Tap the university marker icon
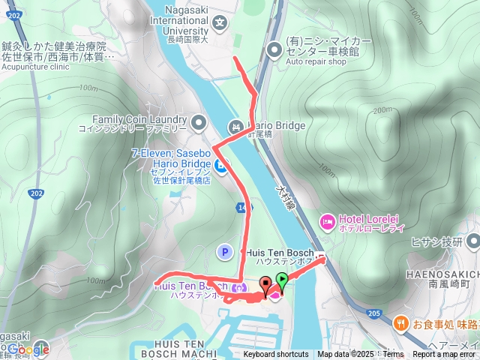[x=220, y=22]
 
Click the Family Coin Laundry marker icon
[x=198, y=121]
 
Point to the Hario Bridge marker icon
[x=235, y=127]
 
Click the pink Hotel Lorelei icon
[x=327, y=220]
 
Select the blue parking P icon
[x=223, y=252]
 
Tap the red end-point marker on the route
[x=265, y=284]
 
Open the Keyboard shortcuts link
[x=275, y=355]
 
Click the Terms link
[x=393, y=355]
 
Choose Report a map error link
[x=444, y=355]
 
